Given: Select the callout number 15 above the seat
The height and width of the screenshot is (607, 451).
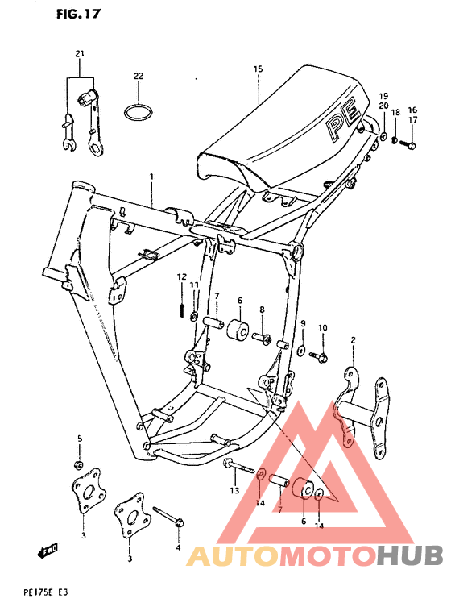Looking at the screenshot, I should point(258,69).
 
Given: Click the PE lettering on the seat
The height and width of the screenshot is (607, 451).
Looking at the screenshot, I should point(339,125).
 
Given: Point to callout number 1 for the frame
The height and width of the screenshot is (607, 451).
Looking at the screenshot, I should point(150,175).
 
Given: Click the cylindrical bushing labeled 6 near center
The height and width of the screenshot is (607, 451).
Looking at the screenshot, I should point(239,331).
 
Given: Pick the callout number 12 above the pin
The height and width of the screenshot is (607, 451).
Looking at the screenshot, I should point(182,276).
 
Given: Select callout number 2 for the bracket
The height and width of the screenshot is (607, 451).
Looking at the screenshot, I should point(352,342).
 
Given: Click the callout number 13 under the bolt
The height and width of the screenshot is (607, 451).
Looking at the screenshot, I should point(234,490).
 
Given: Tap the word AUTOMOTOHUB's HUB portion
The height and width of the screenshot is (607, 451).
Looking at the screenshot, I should point(409,555).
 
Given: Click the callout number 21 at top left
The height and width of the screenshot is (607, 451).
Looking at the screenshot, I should point(80,53).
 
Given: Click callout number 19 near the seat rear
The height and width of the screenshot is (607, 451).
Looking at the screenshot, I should point(384,95).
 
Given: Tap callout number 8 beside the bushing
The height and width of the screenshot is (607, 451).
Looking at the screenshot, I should point(262,309).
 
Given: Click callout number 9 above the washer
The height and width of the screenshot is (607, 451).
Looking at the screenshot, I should point(303,323).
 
